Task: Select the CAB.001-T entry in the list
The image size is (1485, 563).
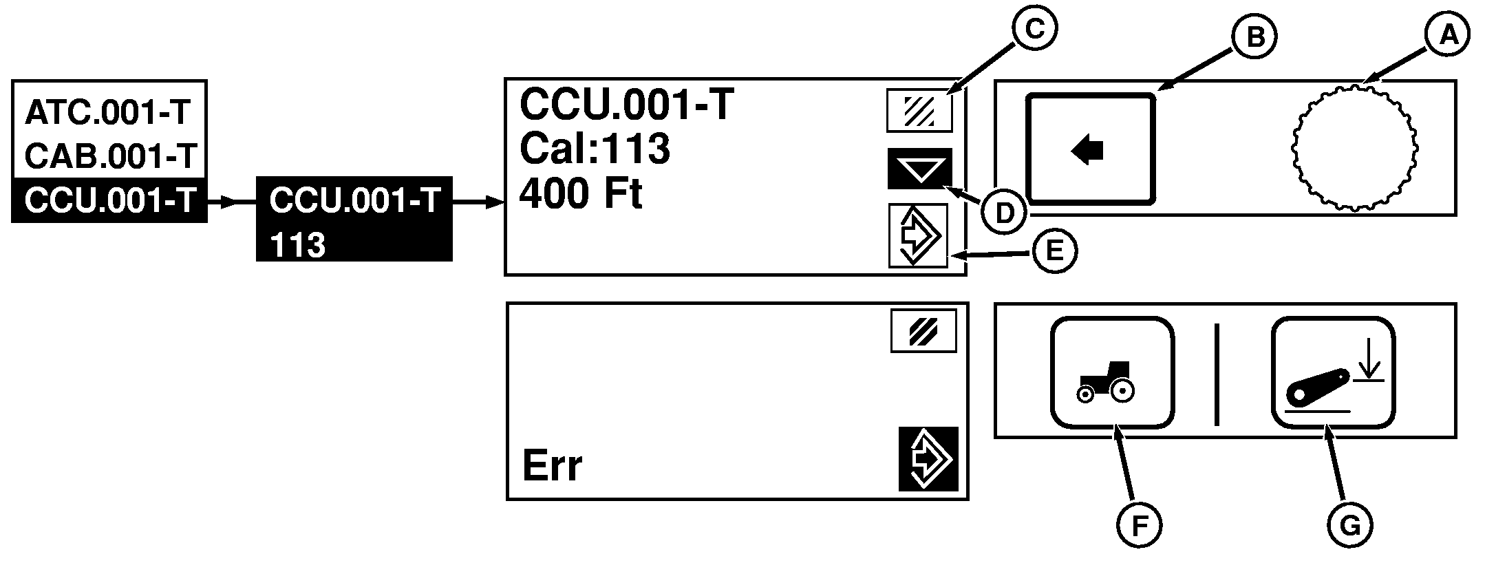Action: point(111,156)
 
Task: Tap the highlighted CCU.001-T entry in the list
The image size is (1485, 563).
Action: point(109,201)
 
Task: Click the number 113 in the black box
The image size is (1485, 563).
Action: point(297,245)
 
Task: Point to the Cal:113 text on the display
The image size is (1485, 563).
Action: point(595,148)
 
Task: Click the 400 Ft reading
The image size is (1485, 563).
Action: point(580,194)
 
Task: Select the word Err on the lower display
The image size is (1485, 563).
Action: point(552,466)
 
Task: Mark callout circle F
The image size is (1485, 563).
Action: point(1139,527)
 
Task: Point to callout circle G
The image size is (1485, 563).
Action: point(1349,527)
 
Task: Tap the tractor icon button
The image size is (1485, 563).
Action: point(1111,372)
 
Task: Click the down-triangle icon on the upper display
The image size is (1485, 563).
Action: point(919,169)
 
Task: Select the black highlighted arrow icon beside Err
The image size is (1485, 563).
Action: point(928,459)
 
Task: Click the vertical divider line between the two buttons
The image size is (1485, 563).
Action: point(1217,374)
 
